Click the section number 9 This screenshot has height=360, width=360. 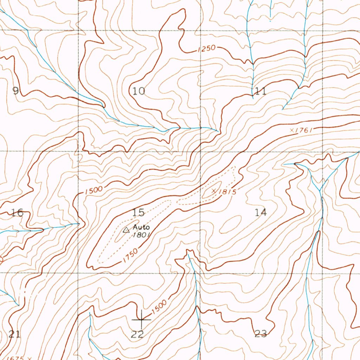pyautogui.click(x=15, y=91)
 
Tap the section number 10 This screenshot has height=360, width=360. pyautogui.click(x=139, y=91)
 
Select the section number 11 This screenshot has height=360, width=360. pyautogui.click(x=261, y=92)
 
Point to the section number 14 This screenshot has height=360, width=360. pyautogui.click(x=261, y=212)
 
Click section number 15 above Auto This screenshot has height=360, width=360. pyautogui.click(x=139, y=212)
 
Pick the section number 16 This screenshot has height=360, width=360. pyautogui.click(x=18, y=212)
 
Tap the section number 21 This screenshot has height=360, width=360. pyautogui.click(x=14, y=334)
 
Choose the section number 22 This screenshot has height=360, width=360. pyautogui.click(x=137, y=334)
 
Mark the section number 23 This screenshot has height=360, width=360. pyautogui.click(x=261, y=334)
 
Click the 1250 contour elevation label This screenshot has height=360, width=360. pyautogui.click(x=206, y=49)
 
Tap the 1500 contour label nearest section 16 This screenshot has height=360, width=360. pyautogui.click(x=94, y=190)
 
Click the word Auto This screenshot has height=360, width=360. pyautogui.click(x=141, y=227)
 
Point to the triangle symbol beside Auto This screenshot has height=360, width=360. pyautogui.click(x=126, y=230)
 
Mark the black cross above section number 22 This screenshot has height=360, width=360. pyautogui.click(x=141, y=319)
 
